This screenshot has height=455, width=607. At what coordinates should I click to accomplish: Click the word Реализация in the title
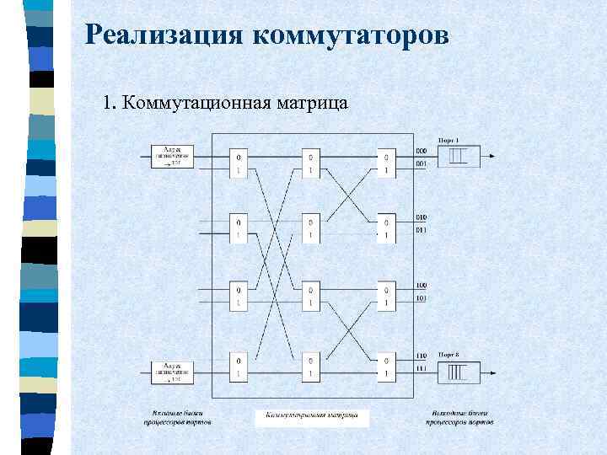pyautogui.click(x=164, y=35)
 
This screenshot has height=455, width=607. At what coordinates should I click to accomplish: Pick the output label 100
pyautogui.click(x=422, y=286)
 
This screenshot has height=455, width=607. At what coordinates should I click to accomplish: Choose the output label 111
pyautogui.click(x=422, y=367)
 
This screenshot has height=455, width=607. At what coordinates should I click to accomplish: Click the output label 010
pyautogui.click(x=422, y=217)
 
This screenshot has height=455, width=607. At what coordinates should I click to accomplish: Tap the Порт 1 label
pyautogui.click(x=449, y=139)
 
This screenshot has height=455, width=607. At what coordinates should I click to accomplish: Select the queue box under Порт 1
pyautogui.click(x=459, y=156)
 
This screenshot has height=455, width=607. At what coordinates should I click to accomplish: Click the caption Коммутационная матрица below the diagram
pyautogui.click(x=312, y=415)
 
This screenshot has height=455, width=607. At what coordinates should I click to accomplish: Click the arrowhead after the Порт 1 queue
pyautogui.click(x=492, y=156)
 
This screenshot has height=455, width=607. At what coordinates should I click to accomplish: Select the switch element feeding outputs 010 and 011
pyautogui.click(x=386, y=227)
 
